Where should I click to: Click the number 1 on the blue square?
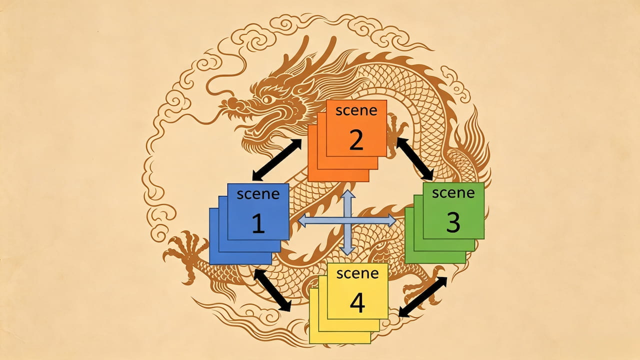(258, 223)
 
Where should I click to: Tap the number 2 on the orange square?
(356, 139)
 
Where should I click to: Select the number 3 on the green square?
(453, 222)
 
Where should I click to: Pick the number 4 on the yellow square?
(357, 303)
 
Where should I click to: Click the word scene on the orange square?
(356, 110)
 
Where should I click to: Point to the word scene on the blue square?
(258, 194)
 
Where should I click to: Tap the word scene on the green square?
(453, 193)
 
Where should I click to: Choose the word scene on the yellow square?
(357, 273)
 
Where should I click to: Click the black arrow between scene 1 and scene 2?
(277, 159)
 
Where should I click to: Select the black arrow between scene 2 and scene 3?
(415, 158)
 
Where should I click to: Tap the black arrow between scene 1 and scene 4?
(272, 290)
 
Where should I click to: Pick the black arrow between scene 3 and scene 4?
(423, 297)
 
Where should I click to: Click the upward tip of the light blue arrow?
(347, 190)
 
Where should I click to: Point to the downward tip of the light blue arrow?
(347, 254)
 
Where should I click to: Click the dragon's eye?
(267, 99)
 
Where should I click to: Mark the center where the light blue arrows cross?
(347, 221)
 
